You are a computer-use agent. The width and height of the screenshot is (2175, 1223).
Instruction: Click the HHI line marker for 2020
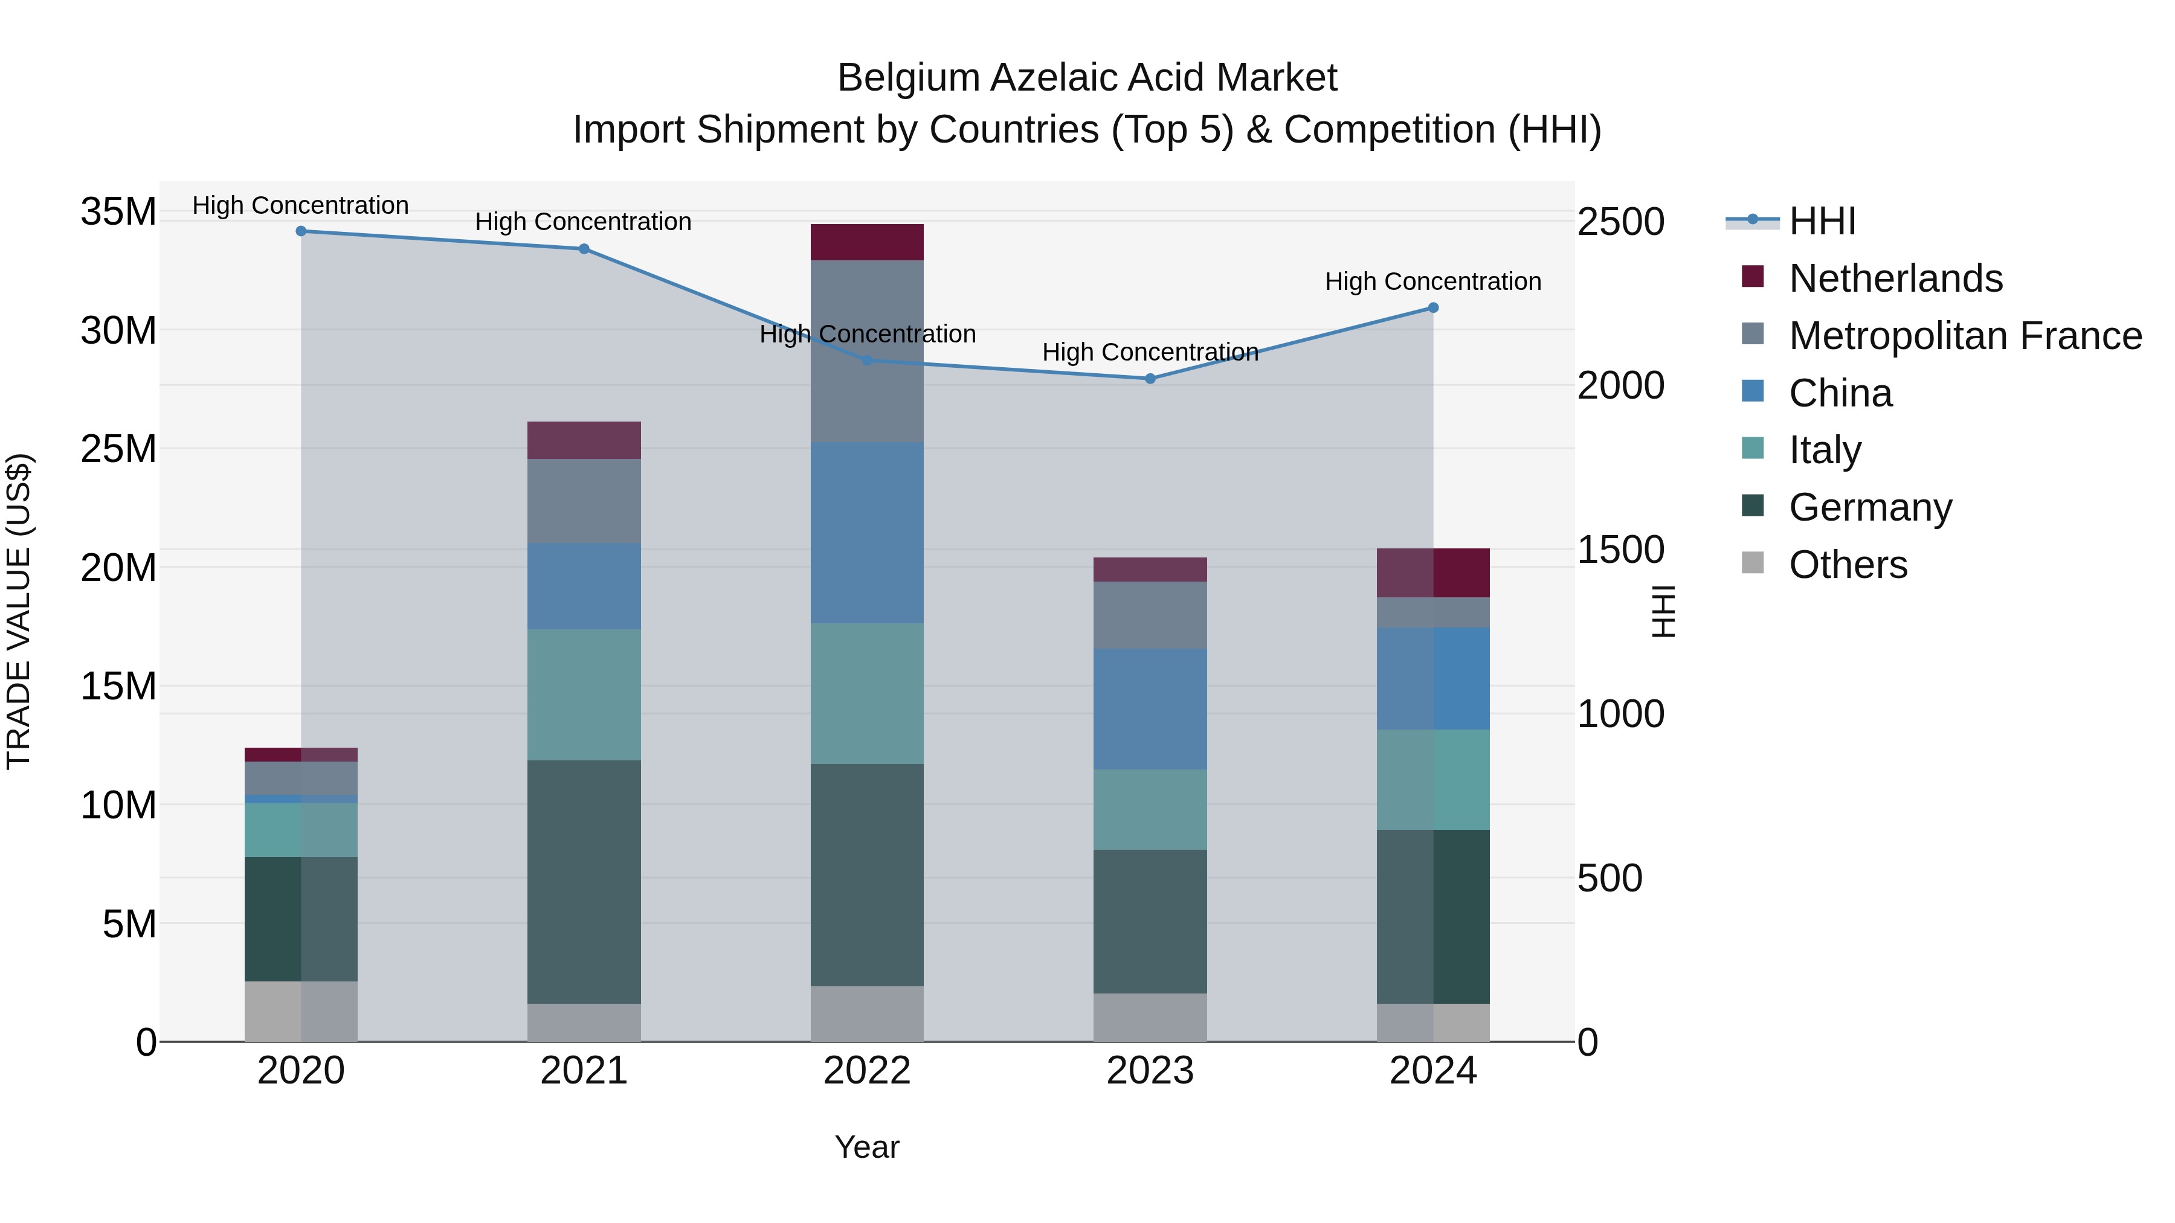tap(301, 231)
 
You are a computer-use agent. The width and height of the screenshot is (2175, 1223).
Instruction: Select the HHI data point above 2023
tap(1150, 379)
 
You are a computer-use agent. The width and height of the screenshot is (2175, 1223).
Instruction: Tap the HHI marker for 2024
tap(1433, 308)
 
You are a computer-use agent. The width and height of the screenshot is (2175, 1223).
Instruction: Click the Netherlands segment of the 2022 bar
tap(867, 242)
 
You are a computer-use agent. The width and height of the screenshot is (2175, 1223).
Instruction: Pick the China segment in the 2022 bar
tap(867, 533)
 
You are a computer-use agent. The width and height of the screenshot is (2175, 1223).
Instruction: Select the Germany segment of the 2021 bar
tap(584, 881)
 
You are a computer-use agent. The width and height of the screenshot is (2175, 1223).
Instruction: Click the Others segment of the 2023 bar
tap(1150, 1017)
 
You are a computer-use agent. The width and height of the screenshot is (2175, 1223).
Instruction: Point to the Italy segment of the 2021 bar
tap(584, 694)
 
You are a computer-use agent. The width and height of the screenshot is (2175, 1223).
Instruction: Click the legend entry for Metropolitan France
tap(1965, 336)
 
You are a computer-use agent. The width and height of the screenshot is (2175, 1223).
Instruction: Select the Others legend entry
tap(1848, 565)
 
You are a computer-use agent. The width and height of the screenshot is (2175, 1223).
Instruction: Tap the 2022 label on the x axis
tap(867, 1071)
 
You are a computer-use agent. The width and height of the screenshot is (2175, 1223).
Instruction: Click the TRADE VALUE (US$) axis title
tap(19, 611)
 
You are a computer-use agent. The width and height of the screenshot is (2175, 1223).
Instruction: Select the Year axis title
tap(867, 1147)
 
